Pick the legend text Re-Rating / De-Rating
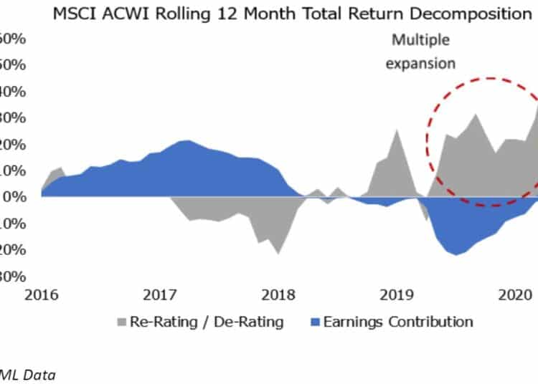pyautogui.click(x=207, y=322)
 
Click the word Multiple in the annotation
pyautogui.click(x=420, y=41)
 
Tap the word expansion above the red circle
pyautogui.click(x=420, y=63)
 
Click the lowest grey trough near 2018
pyautogui.click(x=278, y=253)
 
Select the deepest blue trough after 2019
pyautogui.click(x=456, y=254)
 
